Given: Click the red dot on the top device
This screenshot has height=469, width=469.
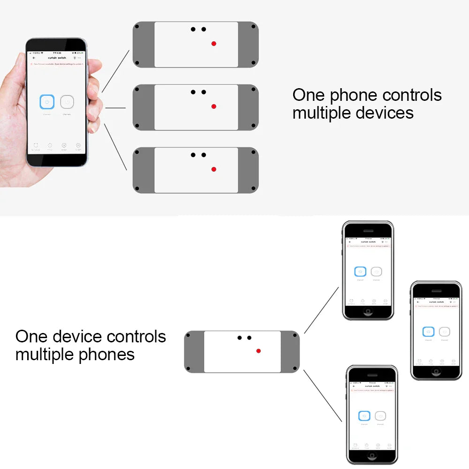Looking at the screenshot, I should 214,44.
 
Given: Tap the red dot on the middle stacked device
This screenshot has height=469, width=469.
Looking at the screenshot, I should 214,106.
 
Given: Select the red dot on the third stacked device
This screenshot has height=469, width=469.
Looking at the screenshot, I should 214,169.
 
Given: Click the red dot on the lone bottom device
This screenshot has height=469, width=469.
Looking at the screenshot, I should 258,351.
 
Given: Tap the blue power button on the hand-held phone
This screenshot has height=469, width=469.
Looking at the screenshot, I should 47,101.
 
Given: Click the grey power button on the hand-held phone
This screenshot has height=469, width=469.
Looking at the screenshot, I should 67,102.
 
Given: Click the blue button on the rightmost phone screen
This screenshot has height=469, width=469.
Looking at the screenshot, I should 428,332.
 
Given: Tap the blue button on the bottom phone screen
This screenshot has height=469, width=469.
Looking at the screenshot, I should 364,416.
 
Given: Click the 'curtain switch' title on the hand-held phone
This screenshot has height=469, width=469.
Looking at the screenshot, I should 57,58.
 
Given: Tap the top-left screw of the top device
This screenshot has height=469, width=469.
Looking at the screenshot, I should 137,26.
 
